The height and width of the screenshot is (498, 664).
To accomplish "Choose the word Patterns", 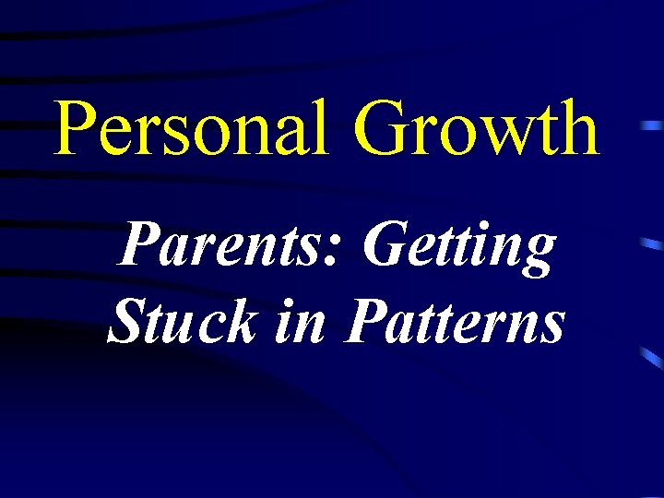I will click(x=453, y=323).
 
